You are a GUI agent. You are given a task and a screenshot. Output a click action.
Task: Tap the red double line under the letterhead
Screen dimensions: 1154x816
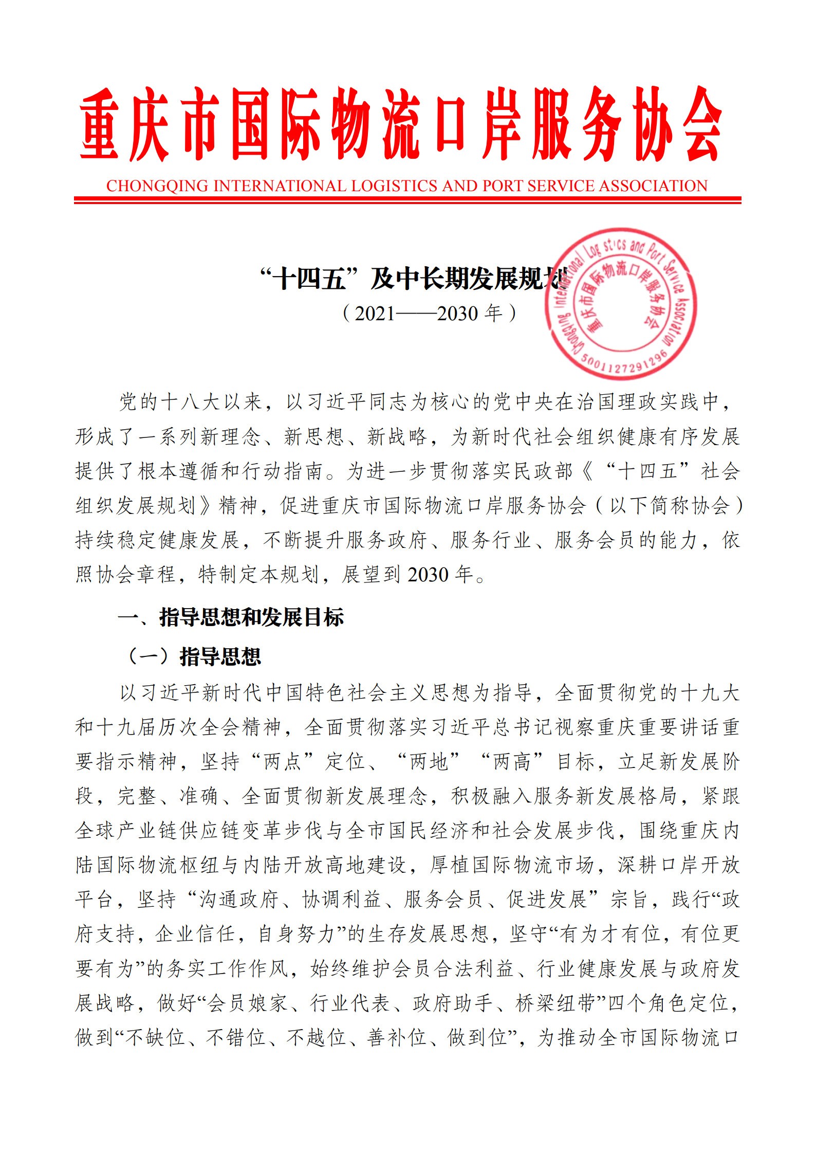point(407,200)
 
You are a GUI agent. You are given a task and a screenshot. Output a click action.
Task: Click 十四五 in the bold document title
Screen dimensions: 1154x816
point(309,280)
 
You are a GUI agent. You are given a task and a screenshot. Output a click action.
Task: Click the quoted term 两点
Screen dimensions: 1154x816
point(282,762)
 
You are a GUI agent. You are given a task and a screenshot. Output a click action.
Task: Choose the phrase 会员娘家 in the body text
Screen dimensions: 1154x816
point(246,1003)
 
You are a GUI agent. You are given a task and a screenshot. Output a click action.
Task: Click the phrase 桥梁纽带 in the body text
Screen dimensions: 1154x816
point(555,1003)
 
